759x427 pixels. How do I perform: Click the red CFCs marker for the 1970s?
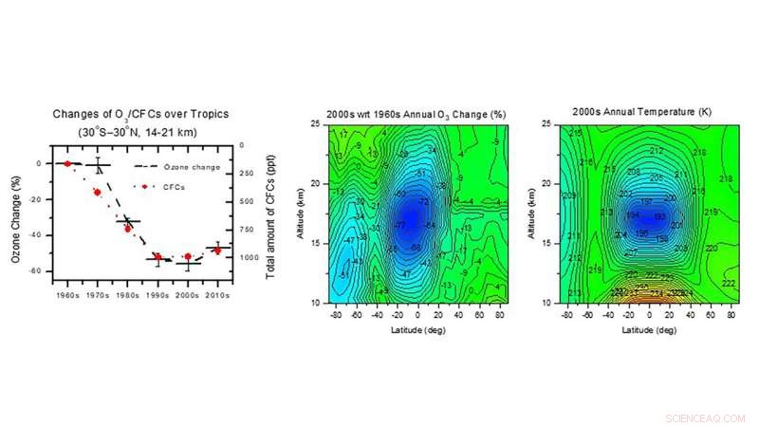pos(97,192)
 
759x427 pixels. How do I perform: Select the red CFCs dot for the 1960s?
pos(67,163)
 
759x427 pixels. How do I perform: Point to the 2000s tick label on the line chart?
pos(188,283)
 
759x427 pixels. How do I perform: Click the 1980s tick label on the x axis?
pos(128,283)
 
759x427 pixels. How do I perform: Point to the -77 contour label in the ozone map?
pos(399,226)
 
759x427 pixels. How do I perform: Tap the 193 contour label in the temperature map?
pos(658,217)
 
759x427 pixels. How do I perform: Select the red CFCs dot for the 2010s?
pos(217,251)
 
